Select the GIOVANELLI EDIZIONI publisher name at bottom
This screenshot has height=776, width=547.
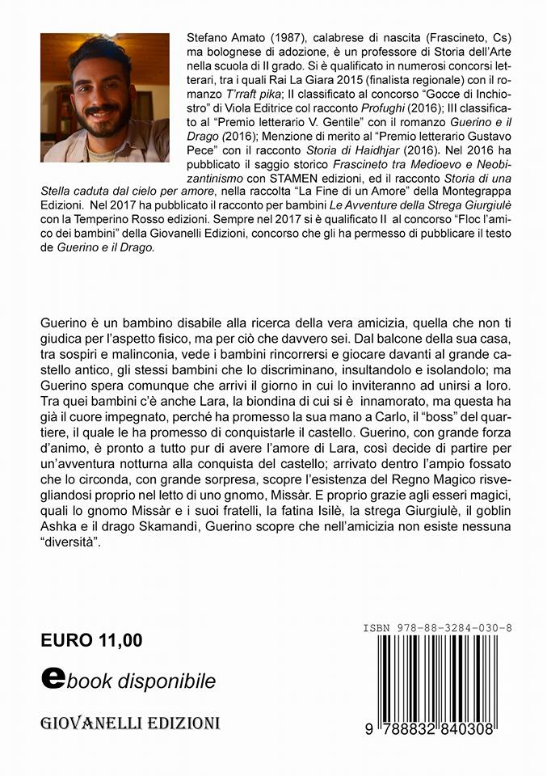click(132, 721)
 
